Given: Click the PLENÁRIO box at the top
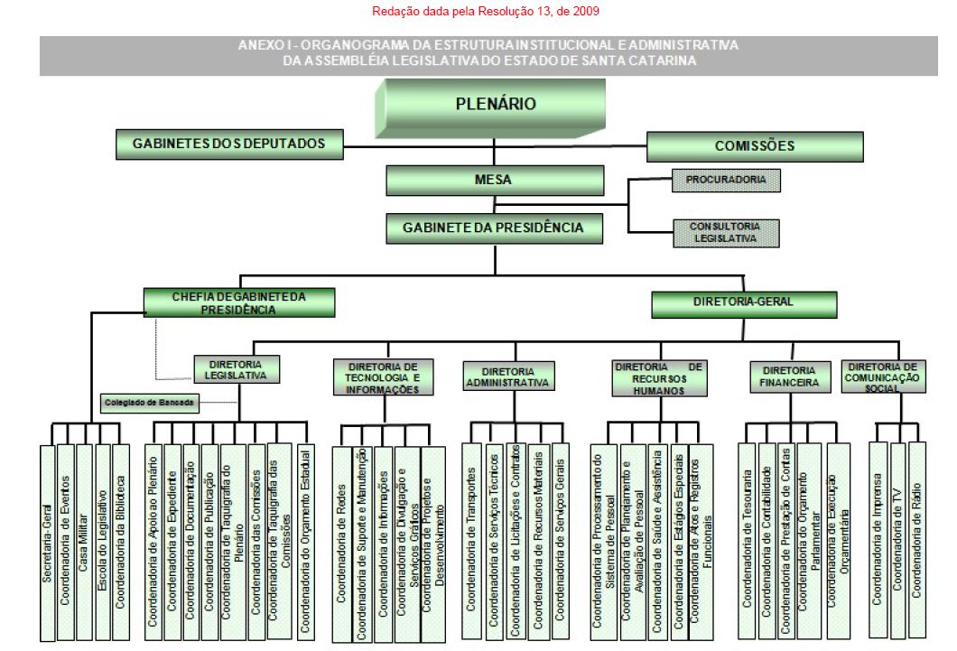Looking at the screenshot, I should click(495, 106).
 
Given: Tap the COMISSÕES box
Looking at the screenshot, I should click(754, 145).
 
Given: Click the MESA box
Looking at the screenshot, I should click(493, 181).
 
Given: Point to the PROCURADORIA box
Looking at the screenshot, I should click(725, 180).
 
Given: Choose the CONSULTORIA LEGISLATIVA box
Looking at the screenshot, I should click(725, 232).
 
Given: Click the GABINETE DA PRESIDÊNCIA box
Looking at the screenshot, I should click(493, 228).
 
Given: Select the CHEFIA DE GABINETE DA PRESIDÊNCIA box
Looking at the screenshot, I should click(239, 302).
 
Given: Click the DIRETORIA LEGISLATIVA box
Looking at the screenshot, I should click(236, 369).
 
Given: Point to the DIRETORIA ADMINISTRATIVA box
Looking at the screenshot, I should click(507, 376).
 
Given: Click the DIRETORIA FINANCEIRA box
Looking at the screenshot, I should click(789, 377).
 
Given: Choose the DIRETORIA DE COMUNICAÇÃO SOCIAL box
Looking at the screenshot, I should click(884, 376).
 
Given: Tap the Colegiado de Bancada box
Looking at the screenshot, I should click(149, 403).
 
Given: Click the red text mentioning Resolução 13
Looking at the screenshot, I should click(486, 12).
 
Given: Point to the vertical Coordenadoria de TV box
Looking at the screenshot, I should click(898, 534).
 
